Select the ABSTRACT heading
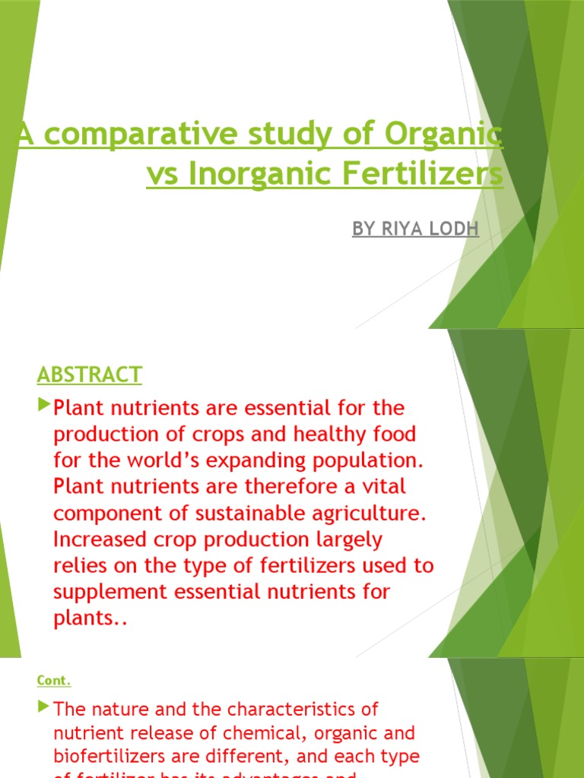pos(89,375)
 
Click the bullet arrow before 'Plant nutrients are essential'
pos(43,402)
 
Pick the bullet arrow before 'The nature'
pos(43,707)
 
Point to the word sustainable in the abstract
pos(236,513)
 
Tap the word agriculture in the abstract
pos(367,513)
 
